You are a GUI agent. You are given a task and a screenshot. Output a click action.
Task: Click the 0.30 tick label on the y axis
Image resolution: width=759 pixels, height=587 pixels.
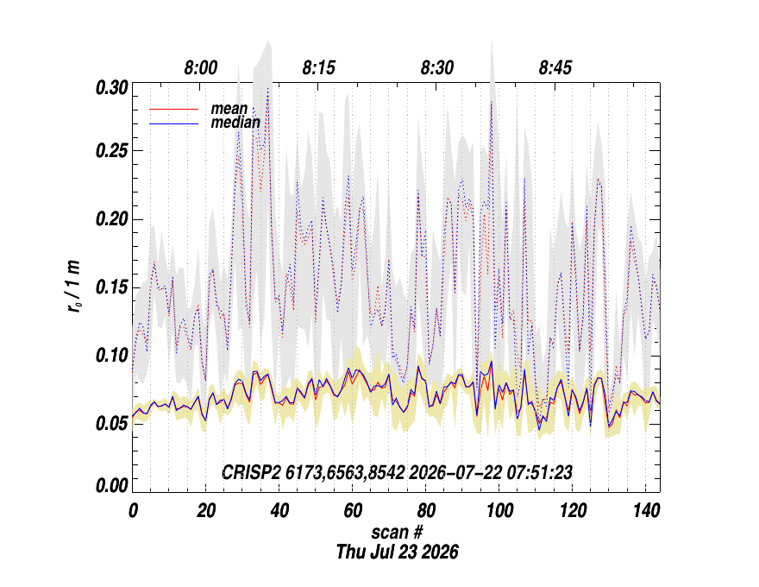(x=112, y=88)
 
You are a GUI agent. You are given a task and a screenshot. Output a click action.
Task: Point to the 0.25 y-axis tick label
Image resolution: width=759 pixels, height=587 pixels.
(x=112, y=151)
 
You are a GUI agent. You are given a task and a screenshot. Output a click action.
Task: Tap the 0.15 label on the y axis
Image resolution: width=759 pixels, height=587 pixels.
(x=112, y=287)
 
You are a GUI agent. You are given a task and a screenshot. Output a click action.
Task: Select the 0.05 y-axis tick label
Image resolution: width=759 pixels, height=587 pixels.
(x=112, y=424)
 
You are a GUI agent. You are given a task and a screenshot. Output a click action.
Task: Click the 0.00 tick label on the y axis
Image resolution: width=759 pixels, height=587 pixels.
(x=112, y=485)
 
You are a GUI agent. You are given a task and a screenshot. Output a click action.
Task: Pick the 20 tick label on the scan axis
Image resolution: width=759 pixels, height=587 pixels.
(x=206, y=510)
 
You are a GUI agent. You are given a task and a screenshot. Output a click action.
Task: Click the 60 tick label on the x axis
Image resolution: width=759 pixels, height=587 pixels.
(x=353, y=510)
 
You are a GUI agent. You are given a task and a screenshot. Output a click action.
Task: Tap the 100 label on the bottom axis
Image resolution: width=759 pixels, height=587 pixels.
(x=499, y=510)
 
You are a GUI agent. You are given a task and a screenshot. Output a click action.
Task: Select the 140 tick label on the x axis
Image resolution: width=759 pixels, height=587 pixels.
(x=646, y=510)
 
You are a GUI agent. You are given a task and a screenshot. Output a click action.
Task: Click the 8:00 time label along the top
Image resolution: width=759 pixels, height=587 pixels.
(x=201, y=68)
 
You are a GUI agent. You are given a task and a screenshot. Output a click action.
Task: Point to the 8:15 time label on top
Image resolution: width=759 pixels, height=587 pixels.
(x=319, y=68)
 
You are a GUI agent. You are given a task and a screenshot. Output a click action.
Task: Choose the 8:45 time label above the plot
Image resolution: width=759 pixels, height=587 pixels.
(x=555, y=68)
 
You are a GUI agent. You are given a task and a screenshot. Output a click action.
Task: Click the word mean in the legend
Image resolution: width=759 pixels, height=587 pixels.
(x=229, y=109)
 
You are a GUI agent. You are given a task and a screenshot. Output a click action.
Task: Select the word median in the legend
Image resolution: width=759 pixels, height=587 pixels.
(x=235, y=123)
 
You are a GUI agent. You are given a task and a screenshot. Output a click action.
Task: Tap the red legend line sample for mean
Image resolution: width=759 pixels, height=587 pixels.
(x=173, y=110)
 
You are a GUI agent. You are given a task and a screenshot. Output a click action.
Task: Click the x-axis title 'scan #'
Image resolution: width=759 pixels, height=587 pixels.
(x=398, y=533)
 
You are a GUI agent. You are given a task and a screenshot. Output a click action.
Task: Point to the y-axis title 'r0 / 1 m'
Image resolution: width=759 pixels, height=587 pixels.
(x=73, y=287)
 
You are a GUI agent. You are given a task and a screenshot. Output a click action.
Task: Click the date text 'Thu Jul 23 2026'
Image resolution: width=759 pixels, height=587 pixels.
(x=398, y=552)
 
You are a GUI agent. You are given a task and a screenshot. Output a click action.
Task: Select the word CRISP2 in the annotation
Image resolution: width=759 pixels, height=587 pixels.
(x=251, y=472)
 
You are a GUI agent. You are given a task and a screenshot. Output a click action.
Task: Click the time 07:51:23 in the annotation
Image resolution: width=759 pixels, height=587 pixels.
(x=540, y=472)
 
